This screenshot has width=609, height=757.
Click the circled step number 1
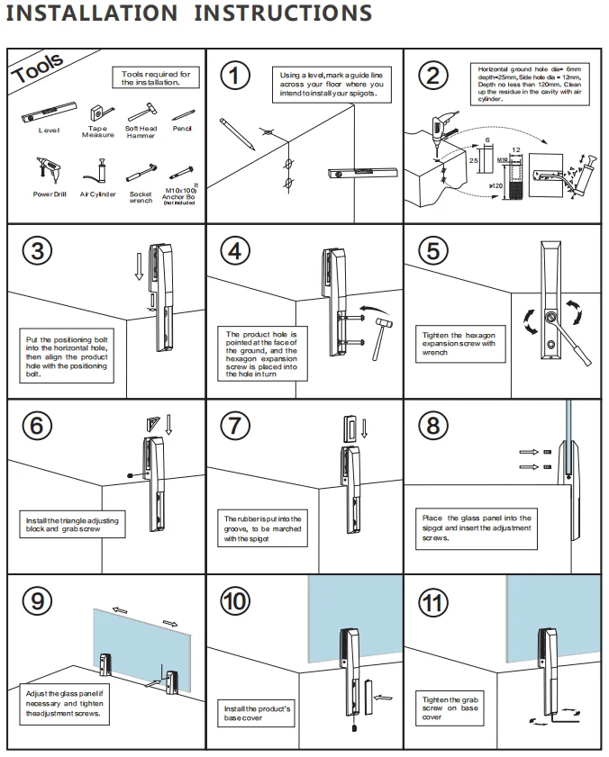(235, 76)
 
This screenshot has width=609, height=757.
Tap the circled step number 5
(433, 250)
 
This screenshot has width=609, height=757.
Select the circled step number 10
(235, 600)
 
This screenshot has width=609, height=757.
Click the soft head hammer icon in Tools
(141, 113)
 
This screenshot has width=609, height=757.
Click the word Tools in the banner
(39, 69)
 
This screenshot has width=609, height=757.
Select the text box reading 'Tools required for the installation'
(156, 77)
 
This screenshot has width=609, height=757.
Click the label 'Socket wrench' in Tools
(141, 197)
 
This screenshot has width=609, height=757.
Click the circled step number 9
(37, 600)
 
